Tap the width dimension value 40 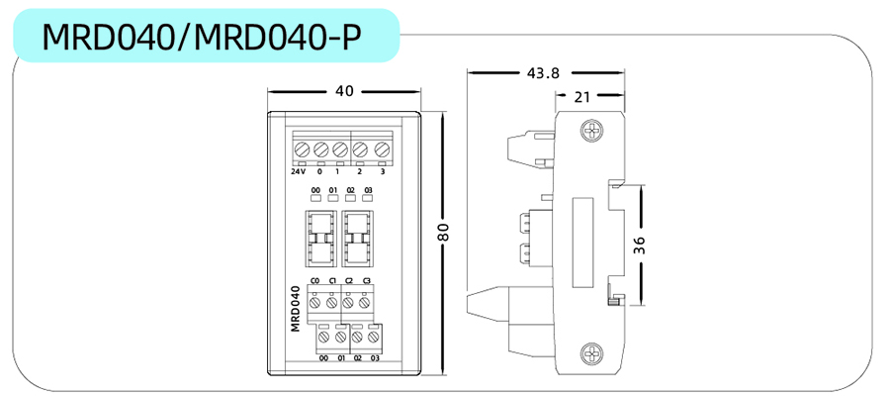tap(344, 91)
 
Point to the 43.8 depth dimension tap(543, 72)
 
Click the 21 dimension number tap(581, 96)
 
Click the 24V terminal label tap(298, 171)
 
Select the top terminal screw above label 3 tap(380, 149)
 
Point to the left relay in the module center tap(322, 238)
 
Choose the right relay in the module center tap(357, 238)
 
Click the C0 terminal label tap(314, 282)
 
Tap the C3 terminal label tap(367, 282)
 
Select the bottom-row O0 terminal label tap(323, 357)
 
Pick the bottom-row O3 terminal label tap(375, 357)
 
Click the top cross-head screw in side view tap(591, 130)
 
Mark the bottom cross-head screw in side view tap(591, 353)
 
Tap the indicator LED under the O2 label tap(351, 197)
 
